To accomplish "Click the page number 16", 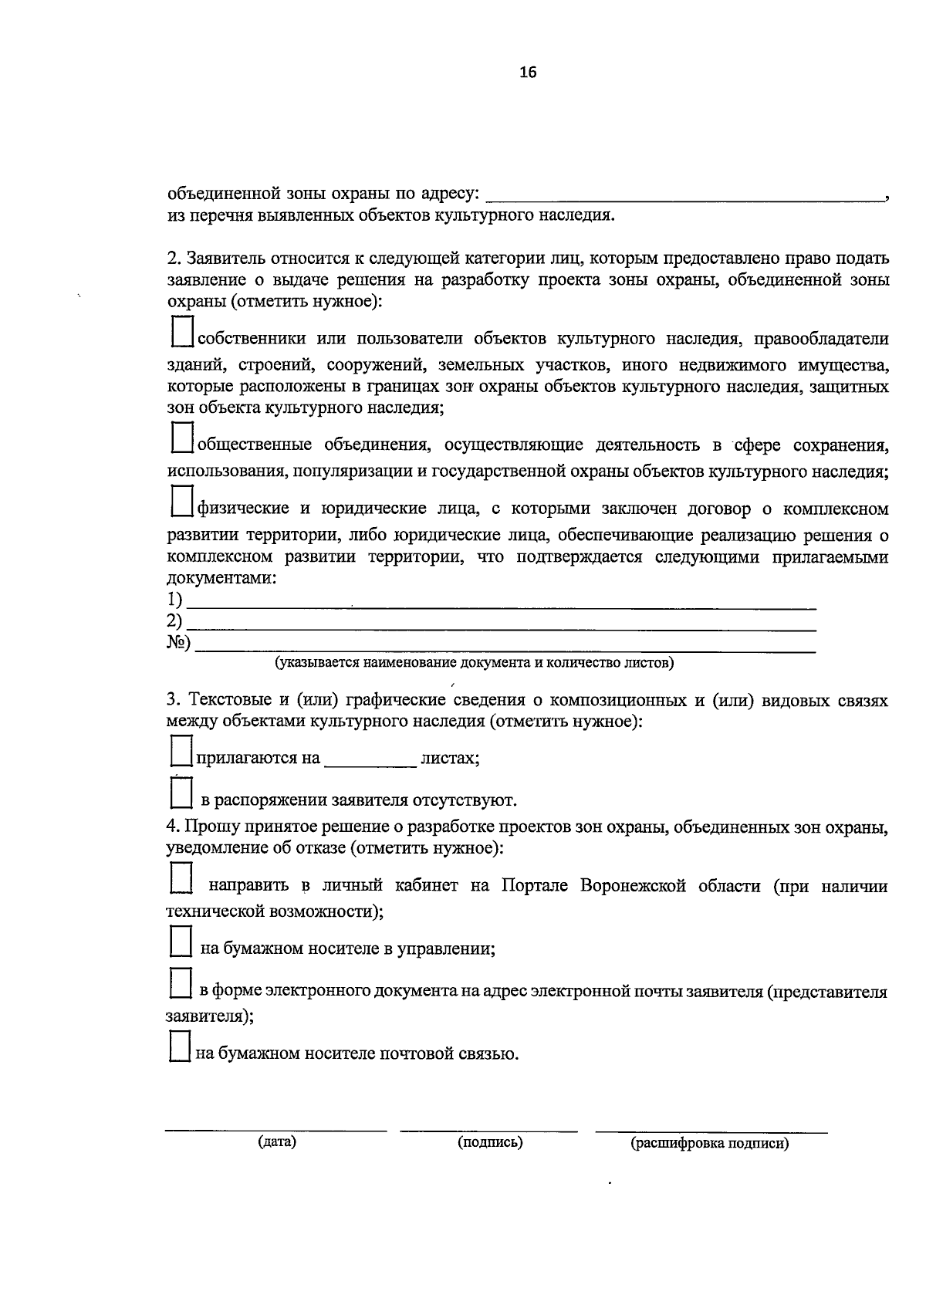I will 528,73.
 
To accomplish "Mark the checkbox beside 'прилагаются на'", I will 181,751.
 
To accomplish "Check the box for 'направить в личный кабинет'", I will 181,879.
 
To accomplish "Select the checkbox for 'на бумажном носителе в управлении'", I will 181,943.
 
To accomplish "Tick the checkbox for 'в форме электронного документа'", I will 181,985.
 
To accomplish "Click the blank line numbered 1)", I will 502,602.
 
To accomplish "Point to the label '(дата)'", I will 277,1142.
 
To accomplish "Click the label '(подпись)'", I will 490,1142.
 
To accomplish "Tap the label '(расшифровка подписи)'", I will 710,1144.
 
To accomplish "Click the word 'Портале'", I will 536,886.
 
